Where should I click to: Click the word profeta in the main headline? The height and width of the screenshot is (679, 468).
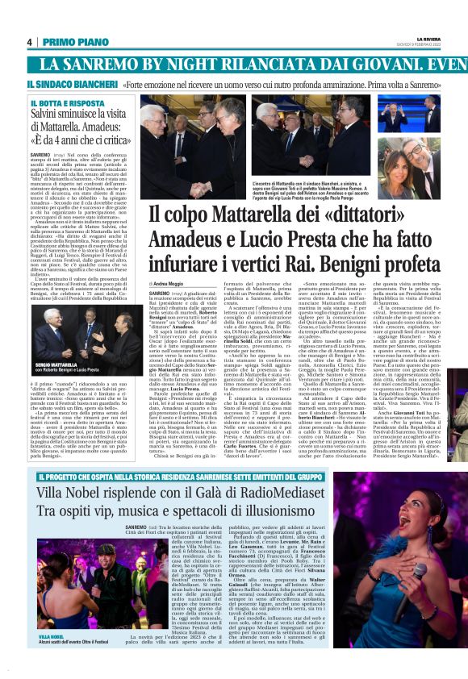(419, 265)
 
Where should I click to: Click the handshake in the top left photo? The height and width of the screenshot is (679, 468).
(194, 146)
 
